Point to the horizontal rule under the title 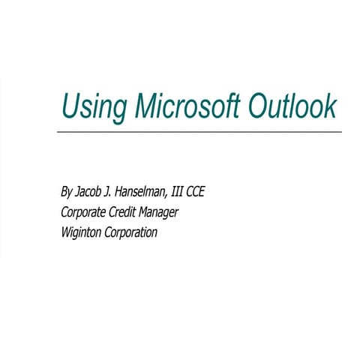(199, 132)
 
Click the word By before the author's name (67, 192)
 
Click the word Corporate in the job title (86, 212)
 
